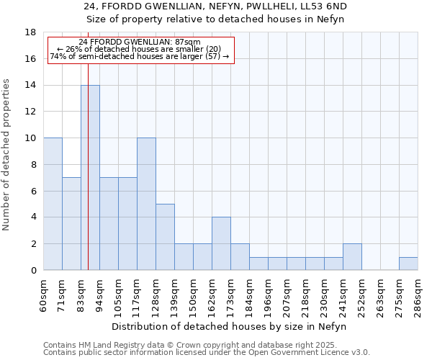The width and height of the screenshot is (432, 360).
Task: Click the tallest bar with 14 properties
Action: click(90, 178)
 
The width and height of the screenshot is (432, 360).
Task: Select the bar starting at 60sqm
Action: click(53, 204)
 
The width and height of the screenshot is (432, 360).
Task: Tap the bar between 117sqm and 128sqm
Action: click(146, 204)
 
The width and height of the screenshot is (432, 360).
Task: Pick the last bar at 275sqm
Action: click(408, 264)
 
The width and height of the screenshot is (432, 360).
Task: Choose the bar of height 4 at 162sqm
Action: click(221, 243)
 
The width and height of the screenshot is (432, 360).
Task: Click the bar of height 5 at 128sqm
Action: click(165, 237)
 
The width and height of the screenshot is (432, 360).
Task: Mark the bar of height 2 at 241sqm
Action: click(352, 257)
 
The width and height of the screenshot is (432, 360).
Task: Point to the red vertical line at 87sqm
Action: click(88, 173)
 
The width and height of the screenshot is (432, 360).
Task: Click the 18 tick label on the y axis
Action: click(30, 32)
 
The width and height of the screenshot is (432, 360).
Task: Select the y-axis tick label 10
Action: click(30, 138)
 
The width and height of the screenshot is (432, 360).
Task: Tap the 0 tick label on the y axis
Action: click(33, 271)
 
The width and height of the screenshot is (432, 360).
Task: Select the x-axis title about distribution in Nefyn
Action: click(230, 327)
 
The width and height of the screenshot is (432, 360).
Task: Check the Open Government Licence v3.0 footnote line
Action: click(207, 353)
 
